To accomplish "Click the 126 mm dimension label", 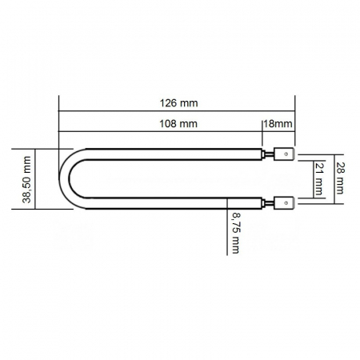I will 178,103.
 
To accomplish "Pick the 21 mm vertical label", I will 318,178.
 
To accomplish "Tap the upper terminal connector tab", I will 284,152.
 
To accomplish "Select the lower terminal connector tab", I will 284,204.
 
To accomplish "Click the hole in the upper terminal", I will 287,152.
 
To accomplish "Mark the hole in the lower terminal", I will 287,204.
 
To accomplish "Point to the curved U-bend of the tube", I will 66,178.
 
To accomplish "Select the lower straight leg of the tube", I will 168,206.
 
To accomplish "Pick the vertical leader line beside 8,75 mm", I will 228,232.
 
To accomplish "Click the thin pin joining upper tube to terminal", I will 269,152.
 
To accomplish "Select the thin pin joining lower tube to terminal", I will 269,204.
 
